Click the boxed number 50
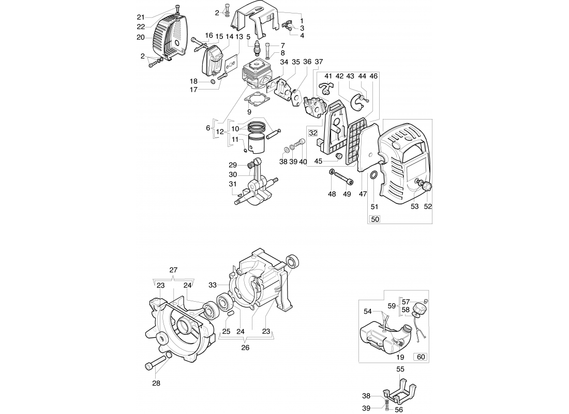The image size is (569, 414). coord(376,219)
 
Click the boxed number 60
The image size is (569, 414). coord(421,357)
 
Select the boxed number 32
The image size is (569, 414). coord(313,133)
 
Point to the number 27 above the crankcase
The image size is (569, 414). coord(173,270)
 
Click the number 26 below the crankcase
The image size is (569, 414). coord(245,348)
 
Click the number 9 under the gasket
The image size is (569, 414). coord(249,111)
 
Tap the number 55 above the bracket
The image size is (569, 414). coord(400,369)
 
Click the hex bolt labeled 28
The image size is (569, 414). coord(149,366)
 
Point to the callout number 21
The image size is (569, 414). coord(141,17)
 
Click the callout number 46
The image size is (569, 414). coord(374,76)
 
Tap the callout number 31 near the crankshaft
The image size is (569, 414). coord(233,184)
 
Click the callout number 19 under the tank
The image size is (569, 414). coord(400,357)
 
